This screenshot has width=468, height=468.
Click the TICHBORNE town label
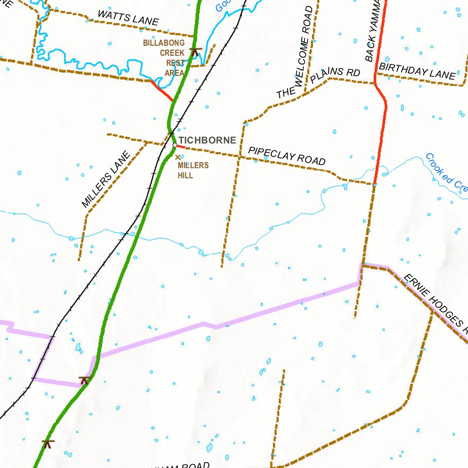[x=207, y=140]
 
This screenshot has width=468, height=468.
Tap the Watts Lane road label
[x=128, y=17]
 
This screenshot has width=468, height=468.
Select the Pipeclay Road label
[x=287, y=156]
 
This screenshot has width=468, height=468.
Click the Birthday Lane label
[x=417, y=71]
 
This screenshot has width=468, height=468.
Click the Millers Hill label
[x=193, y=170]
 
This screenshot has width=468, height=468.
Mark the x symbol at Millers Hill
[x=178, y=157]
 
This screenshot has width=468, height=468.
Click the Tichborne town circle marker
[x=175, y=145]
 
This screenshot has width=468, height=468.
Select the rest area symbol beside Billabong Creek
[x=195, y=51]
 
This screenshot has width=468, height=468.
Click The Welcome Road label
[x=295, y=53]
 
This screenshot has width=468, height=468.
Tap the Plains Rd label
[x=335, y=76]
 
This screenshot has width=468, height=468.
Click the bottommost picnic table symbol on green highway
[x=48, y=443]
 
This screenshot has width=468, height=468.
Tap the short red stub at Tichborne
[x=180, y=147]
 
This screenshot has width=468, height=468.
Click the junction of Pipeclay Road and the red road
[x=374, y=184]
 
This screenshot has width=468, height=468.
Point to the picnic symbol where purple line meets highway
[x=84, y=379]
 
